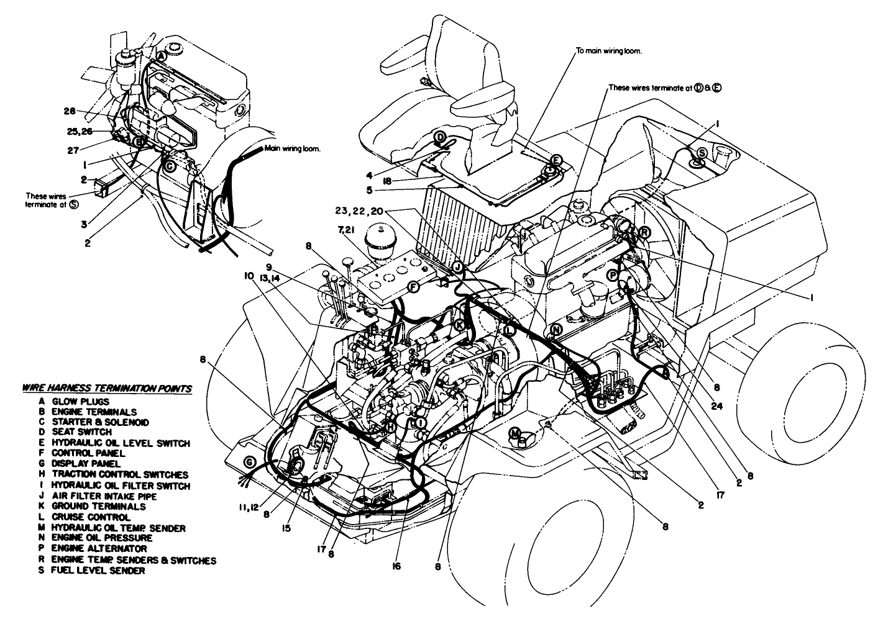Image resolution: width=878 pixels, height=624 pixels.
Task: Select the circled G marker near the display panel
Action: click(x=249, y=462)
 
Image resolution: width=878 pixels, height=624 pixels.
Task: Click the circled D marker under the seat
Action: click(x=439, y=137)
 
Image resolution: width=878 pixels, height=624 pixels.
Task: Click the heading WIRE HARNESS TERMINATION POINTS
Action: click(x=106, y=389)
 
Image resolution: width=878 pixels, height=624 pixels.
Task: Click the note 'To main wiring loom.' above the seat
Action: click(x=608, y=52)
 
